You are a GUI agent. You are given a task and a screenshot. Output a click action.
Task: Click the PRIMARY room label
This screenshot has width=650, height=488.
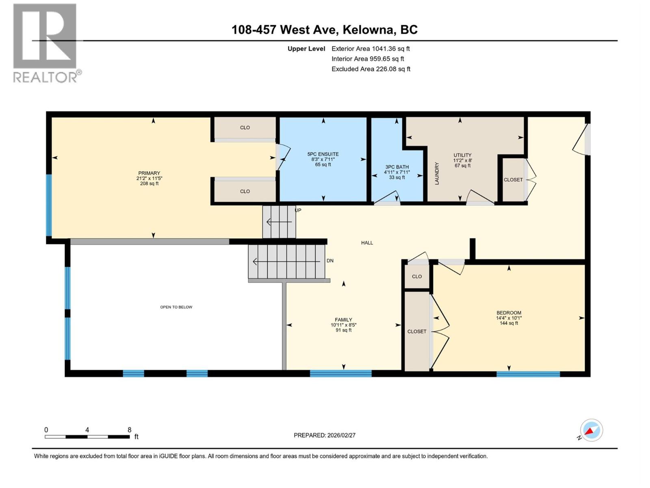click(149, 173)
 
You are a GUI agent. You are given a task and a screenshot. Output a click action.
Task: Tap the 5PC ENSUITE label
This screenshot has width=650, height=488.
click(323, 154)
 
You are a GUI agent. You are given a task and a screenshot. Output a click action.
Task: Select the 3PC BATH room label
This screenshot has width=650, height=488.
click(397, 167)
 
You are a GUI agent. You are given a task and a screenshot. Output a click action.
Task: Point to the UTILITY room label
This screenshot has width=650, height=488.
click(462, 155)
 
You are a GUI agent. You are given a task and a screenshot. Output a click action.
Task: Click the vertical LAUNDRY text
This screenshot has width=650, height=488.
click(437, 174)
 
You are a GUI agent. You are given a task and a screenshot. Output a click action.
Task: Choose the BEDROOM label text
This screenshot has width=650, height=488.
click(509, 313)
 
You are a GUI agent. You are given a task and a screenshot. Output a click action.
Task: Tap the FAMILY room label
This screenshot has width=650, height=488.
click(343, 320)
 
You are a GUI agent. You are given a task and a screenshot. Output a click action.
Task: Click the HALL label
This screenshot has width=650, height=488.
click(367, 243)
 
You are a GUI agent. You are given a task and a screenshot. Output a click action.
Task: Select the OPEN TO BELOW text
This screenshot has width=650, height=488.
click(176, 307)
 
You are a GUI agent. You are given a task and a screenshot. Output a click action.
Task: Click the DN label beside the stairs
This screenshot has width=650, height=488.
click(330, 261)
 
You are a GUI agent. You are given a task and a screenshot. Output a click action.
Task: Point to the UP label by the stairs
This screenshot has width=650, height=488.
click(298, 210)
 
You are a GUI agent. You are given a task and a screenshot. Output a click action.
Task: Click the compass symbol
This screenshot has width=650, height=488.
click(591, 430)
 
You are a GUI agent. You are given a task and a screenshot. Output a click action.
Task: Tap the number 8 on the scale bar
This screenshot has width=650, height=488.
click(130, 430)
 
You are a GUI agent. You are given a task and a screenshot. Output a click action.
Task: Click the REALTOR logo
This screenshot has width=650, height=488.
click(45, 43)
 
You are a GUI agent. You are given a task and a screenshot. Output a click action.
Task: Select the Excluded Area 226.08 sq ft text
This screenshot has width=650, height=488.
click(370, 69)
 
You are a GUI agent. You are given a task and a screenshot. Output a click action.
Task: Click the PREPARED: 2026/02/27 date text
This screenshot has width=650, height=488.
click(325, 435)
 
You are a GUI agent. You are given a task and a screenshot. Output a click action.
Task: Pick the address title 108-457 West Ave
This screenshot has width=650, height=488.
click(324, 30)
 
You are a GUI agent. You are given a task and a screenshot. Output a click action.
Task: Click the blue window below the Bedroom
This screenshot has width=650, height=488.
click(528, 374)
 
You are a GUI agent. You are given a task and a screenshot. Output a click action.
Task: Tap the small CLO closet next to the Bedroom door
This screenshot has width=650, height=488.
click(417, 277)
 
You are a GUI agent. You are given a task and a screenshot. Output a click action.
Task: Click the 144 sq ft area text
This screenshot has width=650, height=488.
click(509, 323)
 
